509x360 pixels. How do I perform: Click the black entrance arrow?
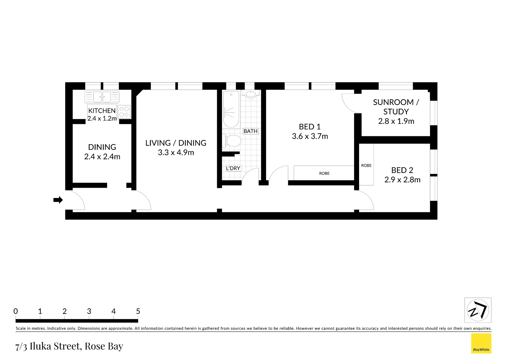pos(58,200)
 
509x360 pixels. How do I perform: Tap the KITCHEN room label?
pos(102,111)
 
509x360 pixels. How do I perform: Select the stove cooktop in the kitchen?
pos(124,112)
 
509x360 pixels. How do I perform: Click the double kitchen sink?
pos(102,97)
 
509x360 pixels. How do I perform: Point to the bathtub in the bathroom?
pos(231,109)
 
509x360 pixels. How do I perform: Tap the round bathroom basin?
pos(251,94)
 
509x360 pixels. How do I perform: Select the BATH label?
pos(251,131)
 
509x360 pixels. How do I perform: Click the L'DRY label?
pos(233,168)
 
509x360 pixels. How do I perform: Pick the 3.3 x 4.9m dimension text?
pos(176,153)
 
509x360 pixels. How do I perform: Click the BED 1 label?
pos(309,127)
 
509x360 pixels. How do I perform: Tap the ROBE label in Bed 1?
pos(324,173)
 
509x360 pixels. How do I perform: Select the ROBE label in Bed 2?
pos(366,165)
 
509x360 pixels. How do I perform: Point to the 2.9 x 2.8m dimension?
pos(402,180)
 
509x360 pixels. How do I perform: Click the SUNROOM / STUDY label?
pos(396,107)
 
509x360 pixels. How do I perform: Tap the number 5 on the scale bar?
pos(138,311)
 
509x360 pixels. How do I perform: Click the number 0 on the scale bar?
pos(16,311)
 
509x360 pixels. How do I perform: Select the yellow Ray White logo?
pos(481,343)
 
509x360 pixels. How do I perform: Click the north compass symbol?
pos(478,310)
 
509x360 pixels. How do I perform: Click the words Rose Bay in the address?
pos(104,346)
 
